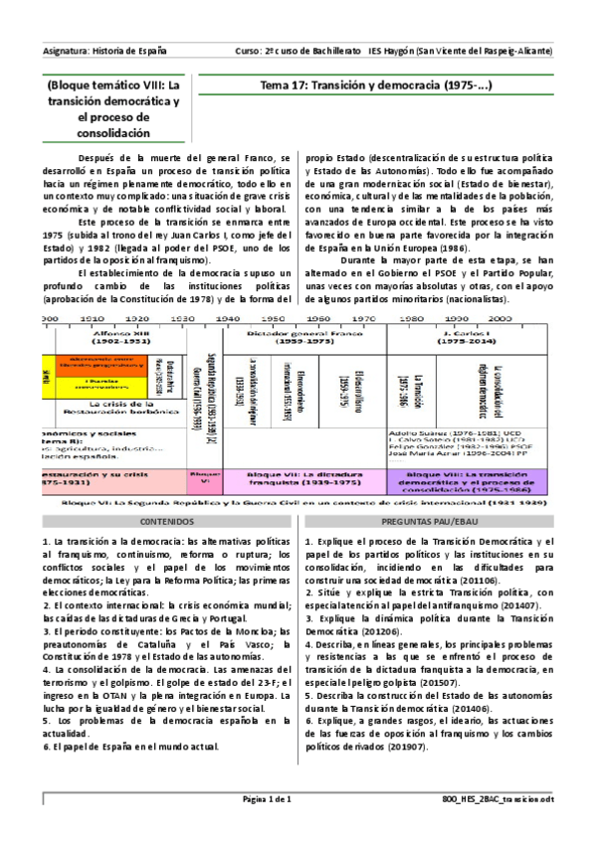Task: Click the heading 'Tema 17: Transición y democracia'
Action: pyautogui.click(x=375, y=86)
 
